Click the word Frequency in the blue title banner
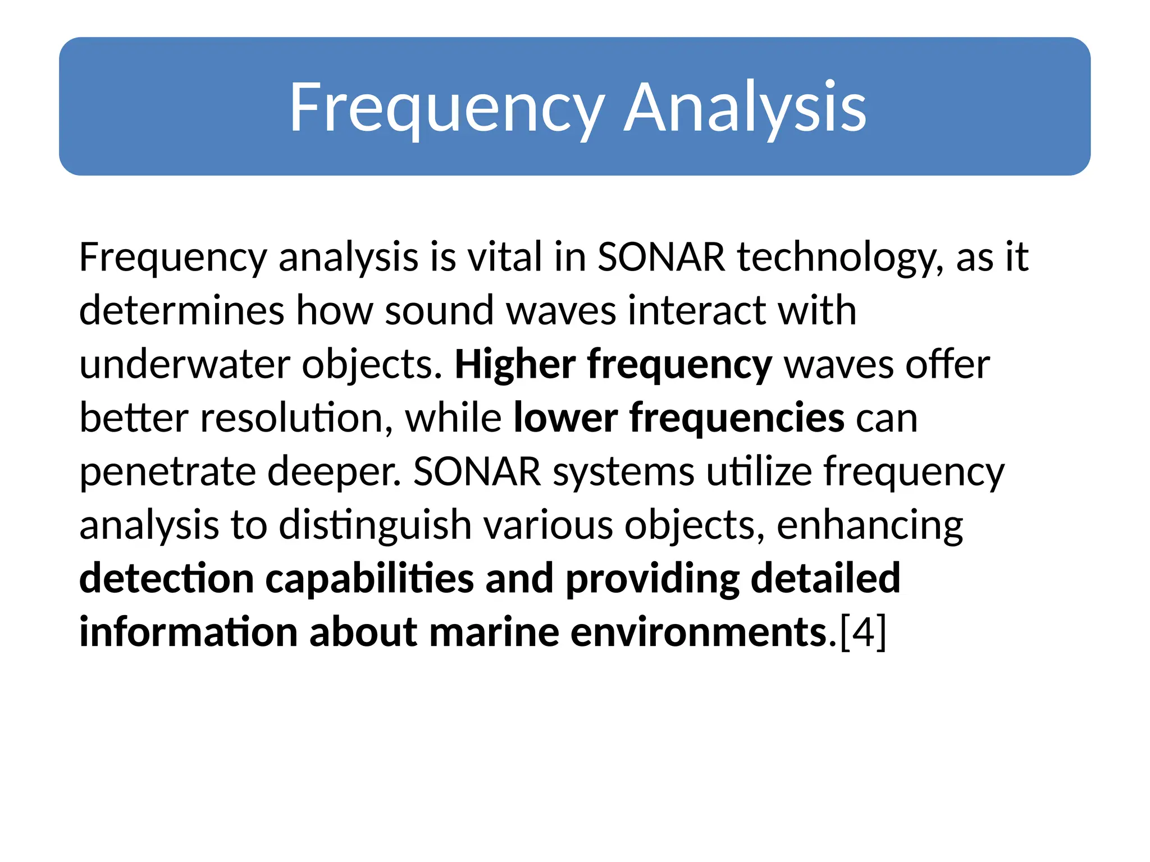[446, 107]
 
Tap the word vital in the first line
[506, 257]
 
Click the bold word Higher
[515, 364]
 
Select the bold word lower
[565, 418]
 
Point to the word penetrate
[167, 471]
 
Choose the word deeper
[335, 471]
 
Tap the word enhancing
[870, 525]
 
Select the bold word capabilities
[369, 579]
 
